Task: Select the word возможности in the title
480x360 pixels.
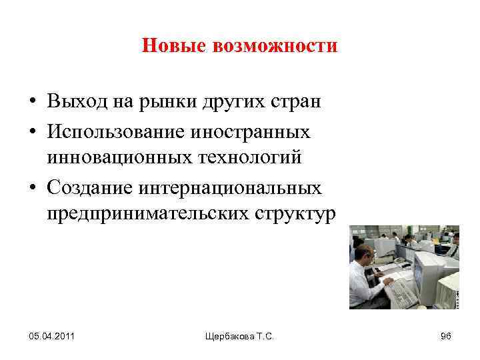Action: pyautogui.click(x=275, y=46)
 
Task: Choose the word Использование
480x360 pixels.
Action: pyautogui.click(x=116, y=131)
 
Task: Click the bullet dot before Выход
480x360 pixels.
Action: pyautogui.click(x=32, y=103)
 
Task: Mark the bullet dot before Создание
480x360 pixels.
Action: pyautogui.click(x=32, y=187)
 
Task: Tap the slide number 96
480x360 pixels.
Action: pyautogui.click(x=446, y=335)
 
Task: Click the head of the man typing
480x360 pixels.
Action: pyautogui.click(x=363, y=255)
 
